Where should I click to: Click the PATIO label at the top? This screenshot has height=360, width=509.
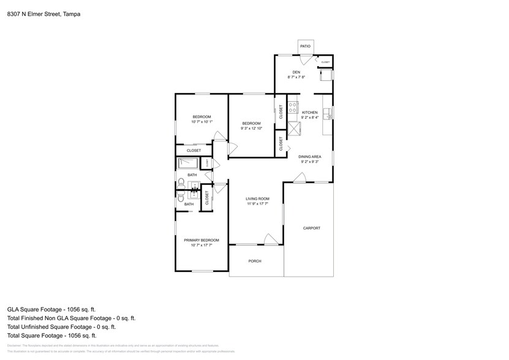tap(305, 47)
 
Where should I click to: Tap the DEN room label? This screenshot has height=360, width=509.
tap(296, 73)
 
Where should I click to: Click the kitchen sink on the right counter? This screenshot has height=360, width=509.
tap(329, 114)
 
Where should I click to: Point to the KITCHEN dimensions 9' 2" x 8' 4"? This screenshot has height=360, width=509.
tap(310, 118)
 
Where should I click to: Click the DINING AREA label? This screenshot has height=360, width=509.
tap(310, 157)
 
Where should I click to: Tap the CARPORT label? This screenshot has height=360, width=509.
tap(312, 228)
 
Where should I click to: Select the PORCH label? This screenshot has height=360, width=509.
tap(255, 261)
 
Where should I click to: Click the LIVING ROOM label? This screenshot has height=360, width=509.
tap(258, 199)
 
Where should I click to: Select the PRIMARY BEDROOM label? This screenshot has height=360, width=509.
tap(202, 240)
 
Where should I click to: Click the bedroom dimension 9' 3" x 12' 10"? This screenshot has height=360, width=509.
tap(251, 129)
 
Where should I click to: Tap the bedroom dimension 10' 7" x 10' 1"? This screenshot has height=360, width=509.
tap(202, 122)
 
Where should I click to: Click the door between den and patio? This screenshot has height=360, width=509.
tap(305, 59)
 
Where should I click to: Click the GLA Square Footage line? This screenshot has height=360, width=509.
tap(51, 310)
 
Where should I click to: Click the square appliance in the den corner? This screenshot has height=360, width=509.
tap(326, 75)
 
